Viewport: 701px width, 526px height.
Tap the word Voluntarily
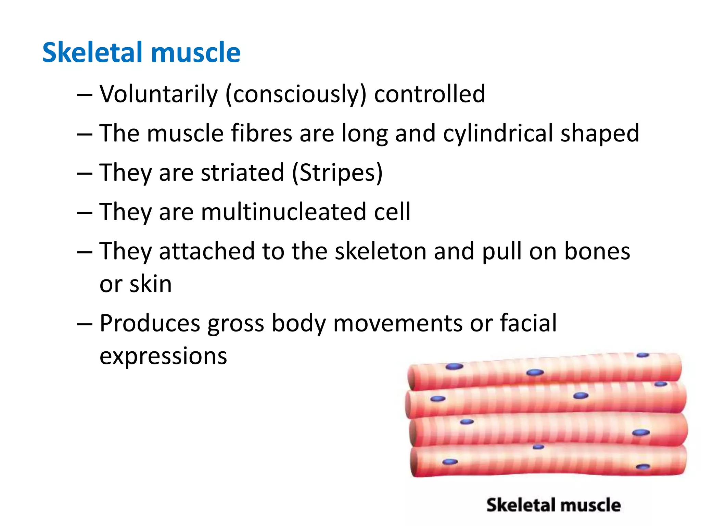click(158, 94)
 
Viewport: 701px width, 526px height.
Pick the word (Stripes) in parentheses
click(337, 173)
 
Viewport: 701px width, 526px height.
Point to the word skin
click(150, 284)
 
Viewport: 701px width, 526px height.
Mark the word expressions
click(163, 356)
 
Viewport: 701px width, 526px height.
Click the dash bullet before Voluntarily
click(85, 95)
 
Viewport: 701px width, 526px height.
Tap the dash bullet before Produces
click(85, 324)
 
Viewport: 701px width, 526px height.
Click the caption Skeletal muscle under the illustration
click(553, 505)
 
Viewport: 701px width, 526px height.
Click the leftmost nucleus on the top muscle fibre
click(454, 367)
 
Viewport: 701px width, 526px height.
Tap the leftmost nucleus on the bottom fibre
click(450, 462)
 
